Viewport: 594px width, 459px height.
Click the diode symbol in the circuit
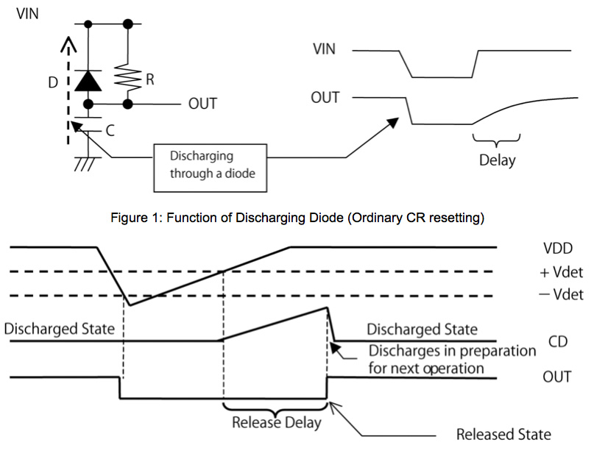90,79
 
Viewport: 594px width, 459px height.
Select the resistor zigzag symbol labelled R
128,76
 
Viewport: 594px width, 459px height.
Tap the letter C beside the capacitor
110,132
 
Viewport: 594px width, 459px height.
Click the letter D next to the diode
52,82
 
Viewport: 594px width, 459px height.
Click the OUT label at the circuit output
202,104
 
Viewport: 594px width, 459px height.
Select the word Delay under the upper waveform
497,159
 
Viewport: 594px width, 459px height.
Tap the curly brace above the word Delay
496,139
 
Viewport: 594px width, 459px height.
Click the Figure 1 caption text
297,218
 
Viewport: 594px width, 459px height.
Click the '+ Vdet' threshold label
562,272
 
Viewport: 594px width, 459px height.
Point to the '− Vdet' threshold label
562,295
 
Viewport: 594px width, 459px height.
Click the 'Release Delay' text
277,423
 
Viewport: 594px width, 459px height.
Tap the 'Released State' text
503,434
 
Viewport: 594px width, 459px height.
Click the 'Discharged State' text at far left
60,328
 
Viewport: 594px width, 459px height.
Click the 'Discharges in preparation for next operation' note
452,359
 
